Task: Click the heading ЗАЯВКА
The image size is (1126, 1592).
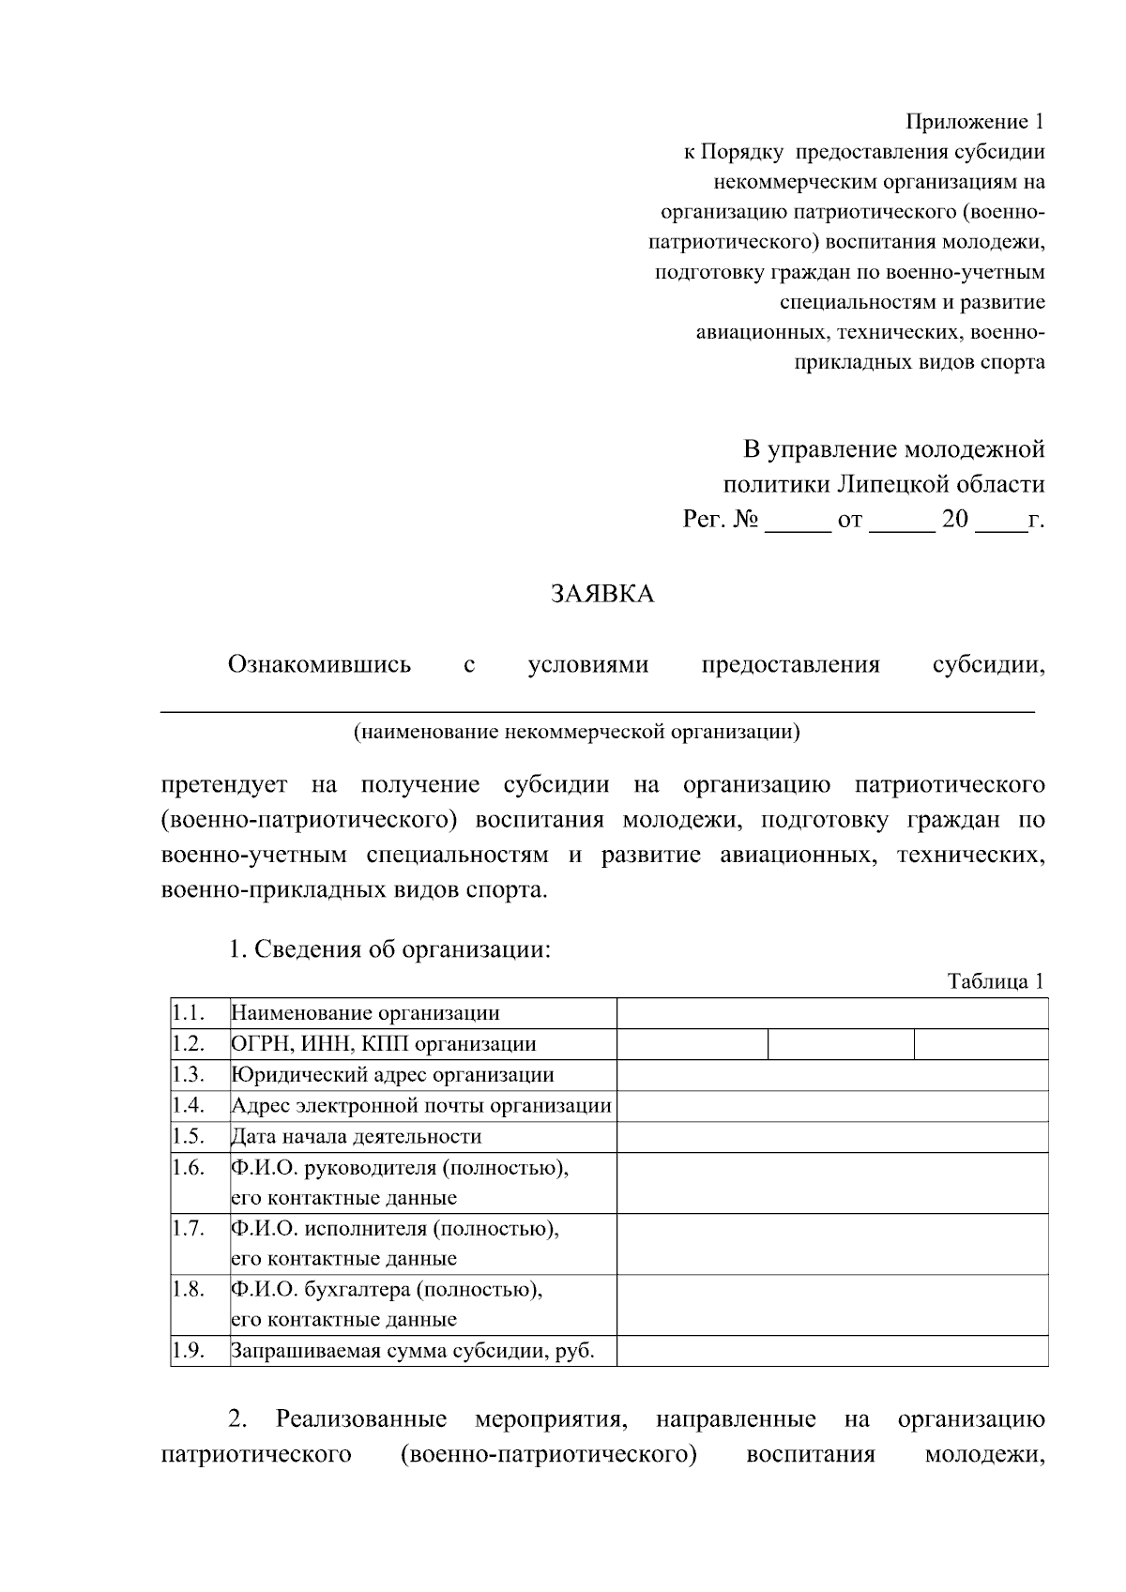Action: (601, 594)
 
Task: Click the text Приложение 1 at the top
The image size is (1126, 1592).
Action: (974, 122)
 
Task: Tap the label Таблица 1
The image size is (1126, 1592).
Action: (995, 981)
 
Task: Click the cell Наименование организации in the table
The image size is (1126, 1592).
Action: (365, 1013)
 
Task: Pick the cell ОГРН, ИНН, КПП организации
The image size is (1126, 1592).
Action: (384, 1044)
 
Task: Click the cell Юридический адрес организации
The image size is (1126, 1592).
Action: (392, 1075)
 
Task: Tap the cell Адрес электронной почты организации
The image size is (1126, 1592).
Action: (421, 1106)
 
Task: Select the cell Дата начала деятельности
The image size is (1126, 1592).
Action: (356, 1137)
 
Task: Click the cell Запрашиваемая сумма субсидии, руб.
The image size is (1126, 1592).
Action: (413, 1352)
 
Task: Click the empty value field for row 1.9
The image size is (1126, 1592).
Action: (831, 1352)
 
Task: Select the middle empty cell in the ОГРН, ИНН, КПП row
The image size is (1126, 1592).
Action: (841, 1044)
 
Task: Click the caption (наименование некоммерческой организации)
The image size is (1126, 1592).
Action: (576, 732)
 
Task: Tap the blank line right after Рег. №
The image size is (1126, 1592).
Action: (798, 522)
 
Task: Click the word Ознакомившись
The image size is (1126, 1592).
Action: (319, 665)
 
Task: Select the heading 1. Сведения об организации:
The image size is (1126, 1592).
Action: (389, 949)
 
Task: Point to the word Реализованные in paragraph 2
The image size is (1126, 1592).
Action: (361, 1419)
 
